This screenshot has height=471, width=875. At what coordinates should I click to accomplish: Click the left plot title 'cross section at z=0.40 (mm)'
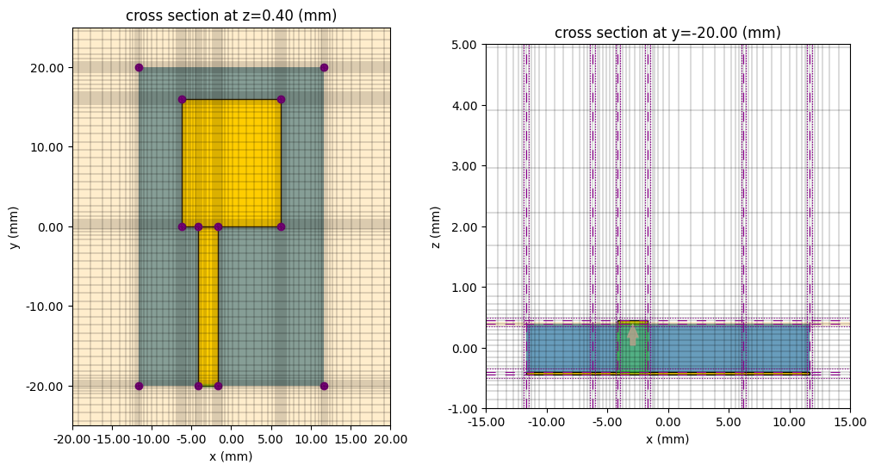point(231,15)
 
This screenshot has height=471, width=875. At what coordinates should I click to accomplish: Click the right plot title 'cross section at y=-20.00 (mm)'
point(667,33)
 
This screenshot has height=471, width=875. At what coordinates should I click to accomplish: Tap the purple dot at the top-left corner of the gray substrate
point(139,67)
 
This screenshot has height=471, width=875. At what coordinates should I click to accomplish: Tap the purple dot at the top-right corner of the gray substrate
point(324,67)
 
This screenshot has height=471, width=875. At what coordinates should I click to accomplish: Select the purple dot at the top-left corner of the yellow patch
point(182,99)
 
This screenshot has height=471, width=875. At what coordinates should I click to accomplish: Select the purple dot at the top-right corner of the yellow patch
point(281,99)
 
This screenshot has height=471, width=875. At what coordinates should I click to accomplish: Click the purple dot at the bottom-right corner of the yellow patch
point(281,226)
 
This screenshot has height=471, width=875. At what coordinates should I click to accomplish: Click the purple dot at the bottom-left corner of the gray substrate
point(139,386)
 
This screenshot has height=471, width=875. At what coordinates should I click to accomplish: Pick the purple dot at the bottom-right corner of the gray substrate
point(324,386)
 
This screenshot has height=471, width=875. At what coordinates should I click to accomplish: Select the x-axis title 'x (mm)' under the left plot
point(231,456)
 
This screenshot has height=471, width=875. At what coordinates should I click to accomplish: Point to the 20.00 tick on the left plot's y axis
point(50,67)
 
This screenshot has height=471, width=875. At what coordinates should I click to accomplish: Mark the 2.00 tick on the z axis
point(466,226)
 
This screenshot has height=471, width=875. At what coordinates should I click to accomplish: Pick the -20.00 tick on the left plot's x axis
point(72,439)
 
